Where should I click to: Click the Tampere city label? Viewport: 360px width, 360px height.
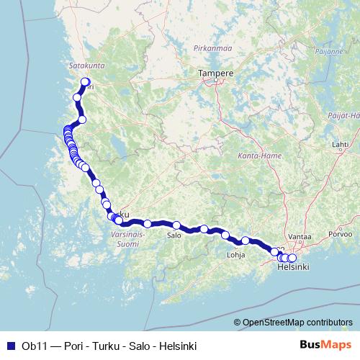pos(216,73)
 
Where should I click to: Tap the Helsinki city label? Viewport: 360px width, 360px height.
pos(293,267)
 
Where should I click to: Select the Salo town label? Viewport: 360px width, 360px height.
pos(174,235)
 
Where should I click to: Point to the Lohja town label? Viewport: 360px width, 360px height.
pos(236,255)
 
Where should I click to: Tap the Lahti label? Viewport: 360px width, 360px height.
pos(340,144)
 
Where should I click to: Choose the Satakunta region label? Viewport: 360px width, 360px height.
pos(86,65)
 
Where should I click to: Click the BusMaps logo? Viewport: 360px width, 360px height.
pos(325,346)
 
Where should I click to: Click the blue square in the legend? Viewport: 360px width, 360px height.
pos(10,346)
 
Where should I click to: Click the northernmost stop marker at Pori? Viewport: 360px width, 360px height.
pos(86,82)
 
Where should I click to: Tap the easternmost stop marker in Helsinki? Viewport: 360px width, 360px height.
pos(292,258)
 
